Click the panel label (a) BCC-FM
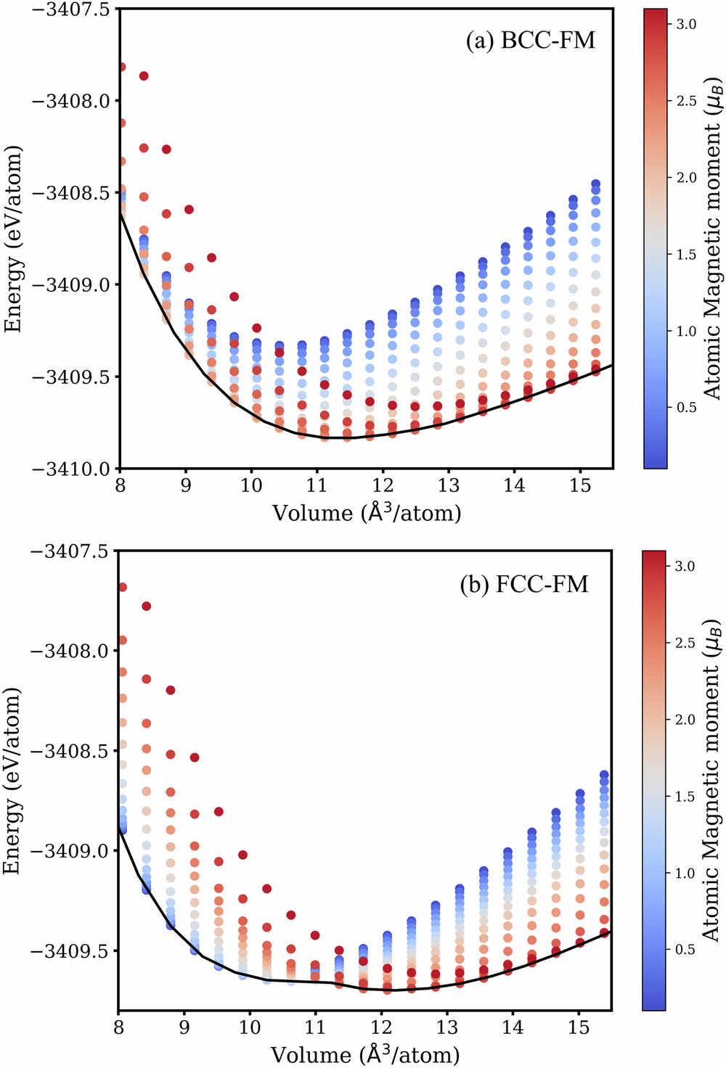[x=530, y=40]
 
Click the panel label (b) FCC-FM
[x=524, y=584]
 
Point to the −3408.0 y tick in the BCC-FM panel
[x=70, y=100]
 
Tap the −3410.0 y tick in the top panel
[x=70, y=469]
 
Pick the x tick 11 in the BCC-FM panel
[x=317, y=485]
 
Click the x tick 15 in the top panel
[x=580, y=485]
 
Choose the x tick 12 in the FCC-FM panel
[x=381, y=1028]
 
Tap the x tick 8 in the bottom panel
[x=118, y=1028]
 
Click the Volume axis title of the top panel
[x=367, y=513]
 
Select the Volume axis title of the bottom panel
[x=365, y=1054]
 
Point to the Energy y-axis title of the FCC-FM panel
[x=13, y=781]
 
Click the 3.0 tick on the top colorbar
[x=686, y=25]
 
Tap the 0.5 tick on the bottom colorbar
[x=686, y=950]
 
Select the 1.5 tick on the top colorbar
[x=686, y=255]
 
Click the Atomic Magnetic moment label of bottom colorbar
[x=714, y=781]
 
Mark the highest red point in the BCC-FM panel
[x=121, y=67]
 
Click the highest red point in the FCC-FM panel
[x=122, y=587]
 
